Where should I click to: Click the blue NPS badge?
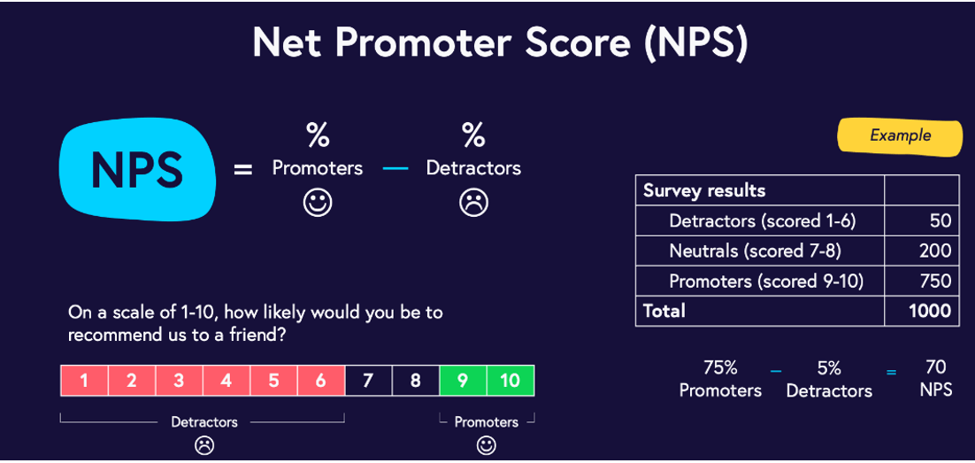(137, 168)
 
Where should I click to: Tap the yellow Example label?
(900, 135)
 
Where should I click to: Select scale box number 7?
(368, 381)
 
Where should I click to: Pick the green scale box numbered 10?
(511, 381)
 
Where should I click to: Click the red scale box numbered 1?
(84, 381)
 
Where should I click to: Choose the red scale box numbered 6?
(321, 381)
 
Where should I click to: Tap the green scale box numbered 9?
(463, 381)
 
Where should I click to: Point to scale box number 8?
(415, 381)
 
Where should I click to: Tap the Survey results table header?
(704, 190)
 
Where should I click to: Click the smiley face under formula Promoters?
(318, 202)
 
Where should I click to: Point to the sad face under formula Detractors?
(474, 202)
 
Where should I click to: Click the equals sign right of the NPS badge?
(243, 169)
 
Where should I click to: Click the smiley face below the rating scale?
(487, 445)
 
